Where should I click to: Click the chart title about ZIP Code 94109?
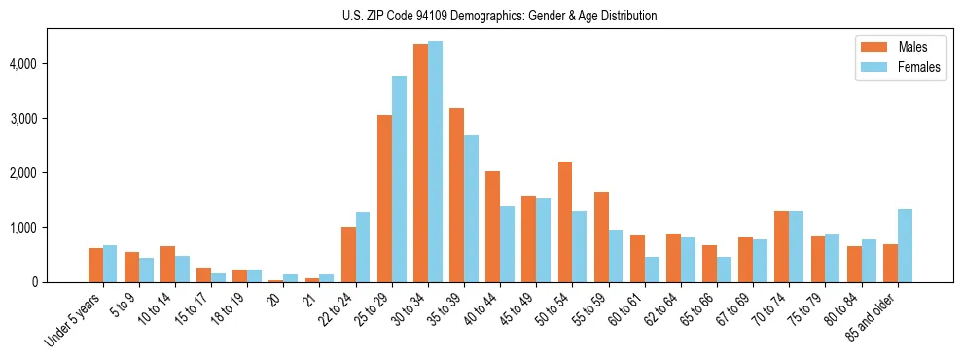point(499,16)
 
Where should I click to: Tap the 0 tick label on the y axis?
point(35,282)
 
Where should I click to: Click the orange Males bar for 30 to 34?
point(420,163)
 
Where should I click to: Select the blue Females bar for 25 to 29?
point(399,179)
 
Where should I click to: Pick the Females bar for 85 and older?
point(905,245)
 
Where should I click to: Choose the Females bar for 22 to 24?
point(363,247)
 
